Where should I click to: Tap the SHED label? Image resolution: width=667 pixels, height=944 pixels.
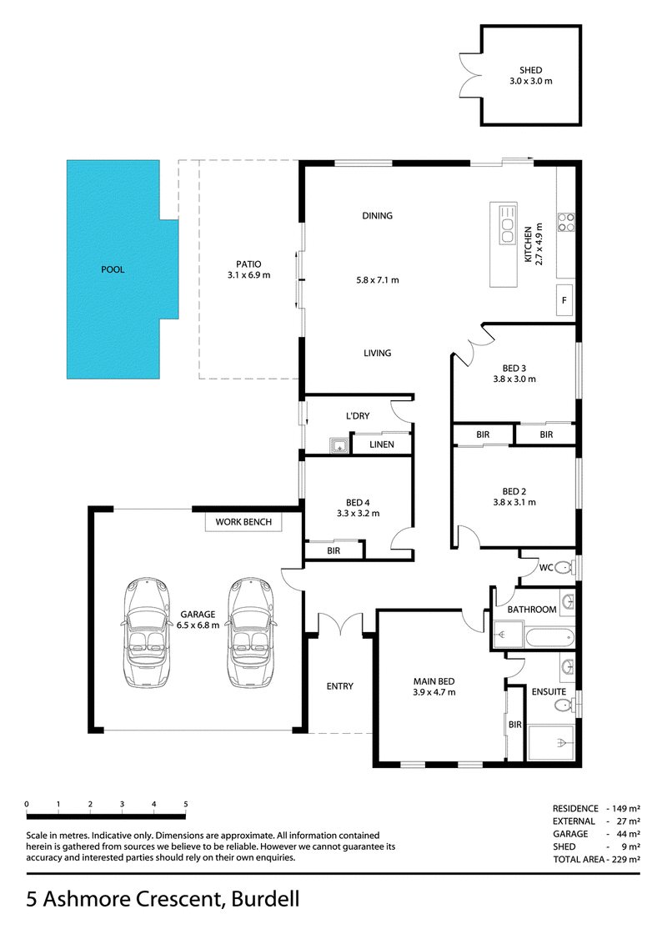(530, 70)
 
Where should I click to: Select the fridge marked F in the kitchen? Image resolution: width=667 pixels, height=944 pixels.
(564, 300)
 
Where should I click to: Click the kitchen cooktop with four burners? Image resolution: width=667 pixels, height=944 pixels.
(565, 222)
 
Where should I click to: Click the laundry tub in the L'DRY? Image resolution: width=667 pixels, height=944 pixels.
(339, 446)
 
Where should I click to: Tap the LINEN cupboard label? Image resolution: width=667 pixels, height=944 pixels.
(382, 444)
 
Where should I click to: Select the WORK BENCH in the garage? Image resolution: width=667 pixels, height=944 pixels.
(243, 522)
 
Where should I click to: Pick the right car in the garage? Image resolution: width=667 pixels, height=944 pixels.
(250, 632)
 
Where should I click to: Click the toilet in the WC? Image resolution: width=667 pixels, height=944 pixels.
(564, 567)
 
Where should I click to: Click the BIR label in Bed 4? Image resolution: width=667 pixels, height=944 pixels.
(333, 550)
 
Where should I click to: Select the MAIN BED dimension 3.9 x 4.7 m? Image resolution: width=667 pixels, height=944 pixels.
(434, 692)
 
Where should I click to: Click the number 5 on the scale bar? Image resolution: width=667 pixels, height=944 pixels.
(186, 804)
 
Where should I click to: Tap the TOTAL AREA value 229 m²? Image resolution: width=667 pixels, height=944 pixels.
(626, 859)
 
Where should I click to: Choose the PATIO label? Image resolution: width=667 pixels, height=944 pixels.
(248, 264)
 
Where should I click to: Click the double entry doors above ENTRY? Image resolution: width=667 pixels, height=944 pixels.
(341, 624)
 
